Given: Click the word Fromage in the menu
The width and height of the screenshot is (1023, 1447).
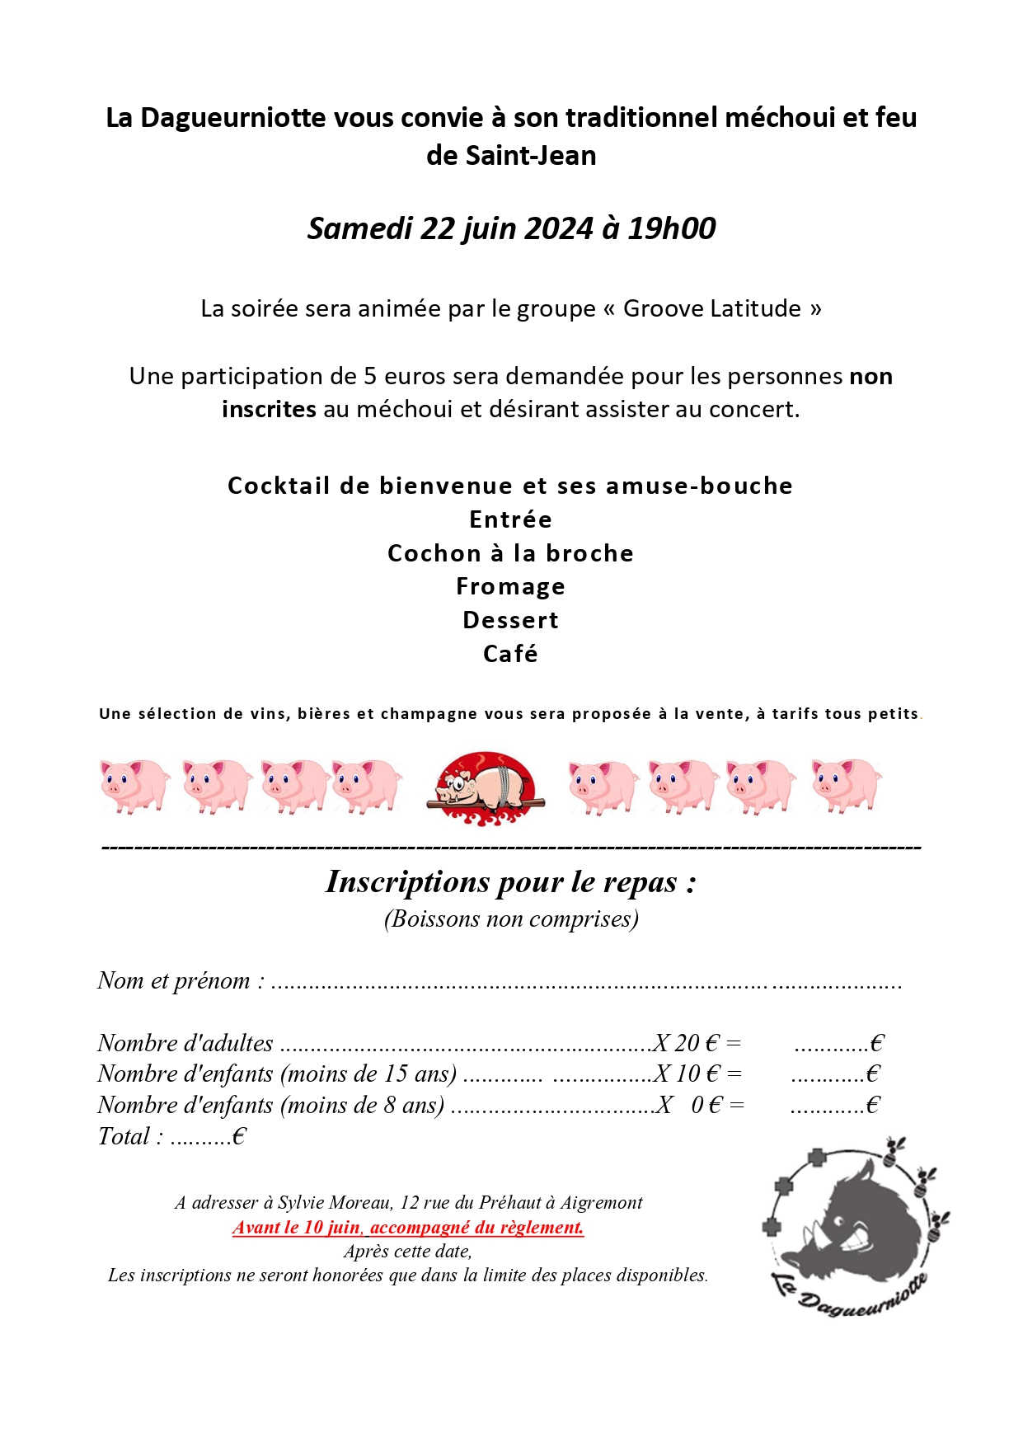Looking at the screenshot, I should pyautogui.click(x=510, y=586).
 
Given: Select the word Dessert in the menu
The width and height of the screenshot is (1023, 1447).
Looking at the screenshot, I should pyautogui.click(x=510, y=620).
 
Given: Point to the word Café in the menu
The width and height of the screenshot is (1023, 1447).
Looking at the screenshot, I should pyautogui.click(x=510, y=654).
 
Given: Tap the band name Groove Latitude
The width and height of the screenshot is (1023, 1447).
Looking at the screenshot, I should pyautogui.click(x=711, y=308).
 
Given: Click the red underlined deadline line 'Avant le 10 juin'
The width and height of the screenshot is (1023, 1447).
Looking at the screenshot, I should pyautogui.click(x=408, y=1227).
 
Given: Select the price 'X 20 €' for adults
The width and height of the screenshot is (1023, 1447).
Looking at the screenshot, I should pyautogui.click(x=686, y=1043).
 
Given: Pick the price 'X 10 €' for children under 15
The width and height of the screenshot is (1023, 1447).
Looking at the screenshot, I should pyautogui.click(x=687, y=1074).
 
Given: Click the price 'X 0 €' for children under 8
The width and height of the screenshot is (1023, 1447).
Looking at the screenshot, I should pyautogui.click(x=688, y=1105).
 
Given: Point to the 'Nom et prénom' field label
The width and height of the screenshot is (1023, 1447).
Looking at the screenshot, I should pyautogui.click(x=181, y=980).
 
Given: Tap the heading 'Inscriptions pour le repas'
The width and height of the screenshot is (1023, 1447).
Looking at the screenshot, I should pyautogui.click(x=510, y=881).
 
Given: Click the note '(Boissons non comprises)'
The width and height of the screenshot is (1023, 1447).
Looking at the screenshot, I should pyautogui.click(x=511, y=918).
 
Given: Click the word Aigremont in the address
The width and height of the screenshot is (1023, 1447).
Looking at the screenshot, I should pyautogui.click(x=601, y=1202).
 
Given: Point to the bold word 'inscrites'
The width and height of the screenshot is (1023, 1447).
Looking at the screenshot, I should pyautogui.click(x=269, y=409).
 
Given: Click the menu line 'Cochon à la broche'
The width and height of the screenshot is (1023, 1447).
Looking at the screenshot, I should pyautogui.click(x=510, y=553).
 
